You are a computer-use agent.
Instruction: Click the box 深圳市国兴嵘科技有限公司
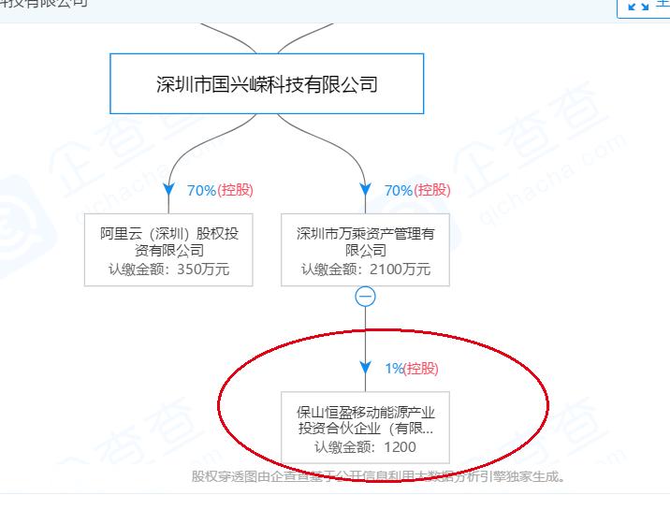pyautogui.click(x=267, y=84)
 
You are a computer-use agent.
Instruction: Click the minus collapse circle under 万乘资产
pyautogui.click(x=366, y=297)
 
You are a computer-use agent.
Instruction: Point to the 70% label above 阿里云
pyautogui.click(x=201, y=190)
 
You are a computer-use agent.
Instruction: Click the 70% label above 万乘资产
pyautogui.click(x=398, y=190)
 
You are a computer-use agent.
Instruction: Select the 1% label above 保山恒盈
pyautogui.click(x=393, y=369)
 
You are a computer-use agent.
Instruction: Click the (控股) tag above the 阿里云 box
pyautogui.click(x=235, y=190)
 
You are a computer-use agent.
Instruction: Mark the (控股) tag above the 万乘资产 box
pyautogui.click(x=432, y=190)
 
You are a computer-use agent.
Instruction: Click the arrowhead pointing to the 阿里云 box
pyautogui.click(x=169, y=190)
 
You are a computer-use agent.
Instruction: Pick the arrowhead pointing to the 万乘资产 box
pyautogui.click(x=366, y=190)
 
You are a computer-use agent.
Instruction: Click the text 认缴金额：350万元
pyautogui.click(x=169, y=270)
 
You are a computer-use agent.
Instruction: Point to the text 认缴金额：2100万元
pyautogui.click(x=365, y=270)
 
